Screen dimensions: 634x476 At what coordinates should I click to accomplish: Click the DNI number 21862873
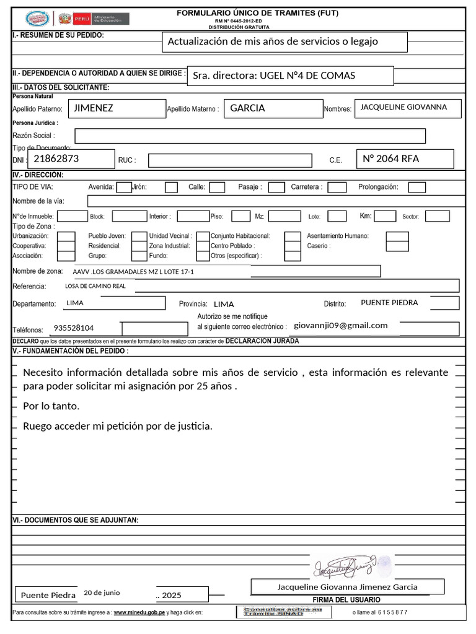(56, 158)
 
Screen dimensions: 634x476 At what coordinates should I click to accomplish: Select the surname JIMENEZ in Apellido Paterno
(94, 108)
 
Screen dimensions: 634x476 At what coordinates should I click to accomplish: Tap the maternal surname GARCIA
(247, 108)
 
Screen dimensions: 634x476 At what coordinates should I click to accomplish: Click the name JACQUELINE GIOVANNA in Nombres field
(403, 107)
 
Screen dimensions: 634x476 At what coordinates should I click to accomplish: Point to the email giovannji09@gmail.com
(341, 326)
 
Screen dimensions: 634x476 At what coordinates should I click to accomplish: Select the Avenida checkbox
(124, 187)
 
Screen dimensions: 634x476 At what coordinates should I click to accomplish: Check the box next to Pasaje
(276, 187)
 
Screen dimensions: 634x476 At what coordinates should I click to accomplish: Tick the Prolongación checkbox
(417, 187)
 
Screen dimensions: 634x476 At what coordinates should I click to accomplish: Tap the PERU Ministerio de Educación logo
(94, 18)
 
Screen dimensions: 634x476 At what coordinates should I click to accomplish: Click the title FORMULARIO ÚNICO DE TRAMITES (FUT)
(257, 12)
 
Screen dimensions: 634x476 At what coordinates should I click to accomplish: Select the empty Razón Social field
(250, 136)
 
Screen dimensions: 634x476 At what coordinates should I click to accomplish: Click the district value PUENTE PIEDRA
(389, 303)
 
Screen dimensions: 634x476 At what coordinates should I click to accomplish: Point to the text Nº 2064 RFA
(391, 158)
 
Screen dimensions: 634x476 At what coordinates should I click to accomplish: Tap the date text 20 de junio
(102, 593)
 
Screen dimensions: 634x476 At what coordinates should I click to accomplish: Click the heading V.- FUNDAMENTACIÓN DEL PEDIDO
(71, 351)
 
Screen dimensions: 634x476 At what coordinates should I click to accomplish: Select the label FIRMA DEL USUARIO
(346, 599)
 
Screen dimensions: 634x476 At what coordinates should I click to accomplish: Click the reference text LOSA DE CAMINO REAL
(95, 286)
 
